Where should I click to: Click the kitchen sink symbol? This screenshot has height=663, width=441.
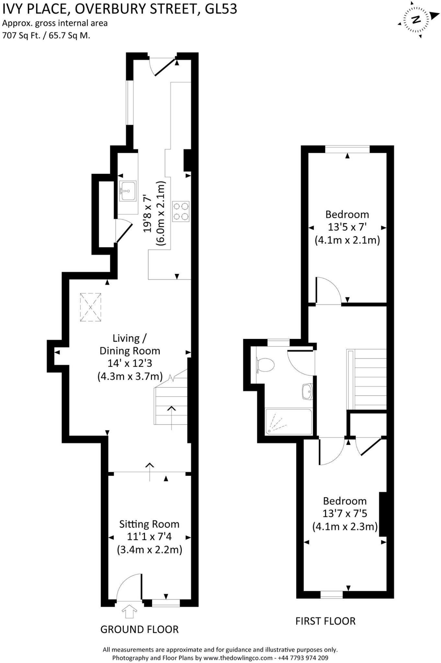click(128, 191)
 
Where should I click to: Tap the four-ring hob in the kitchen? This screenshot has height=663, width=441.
click(181, 211)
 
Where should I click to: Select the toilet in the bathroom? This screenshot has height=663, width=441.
click(265, 365)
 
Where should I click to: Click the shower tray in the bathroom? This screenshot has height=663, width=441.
click(289, 421)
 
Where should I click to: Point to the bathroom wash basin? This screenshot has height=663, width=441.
click(307, 391)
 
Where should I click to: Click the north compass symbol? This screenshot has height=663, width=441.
click(416, 20)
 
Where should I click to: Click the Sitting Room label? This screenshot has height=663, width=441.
click(149, 524)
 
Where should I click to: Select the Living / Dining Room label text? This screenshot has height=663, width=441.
click(130, 344)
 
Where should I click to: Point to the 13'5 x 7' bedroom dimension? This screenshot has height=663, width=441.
click(347, 227)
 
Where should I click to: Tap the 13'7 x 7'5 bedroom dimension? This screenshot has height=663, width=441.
click(345, 513)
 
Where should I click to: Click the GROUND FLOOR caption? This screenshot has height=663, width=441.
click(139, 629)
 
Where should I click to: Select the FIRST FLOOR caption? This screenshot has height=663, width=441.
click(325, 621)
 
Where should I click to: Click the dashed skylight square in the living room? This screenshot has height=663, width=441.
click(91, 307)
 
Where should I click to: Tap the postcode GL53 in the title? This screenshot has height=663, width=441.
click(221, 9)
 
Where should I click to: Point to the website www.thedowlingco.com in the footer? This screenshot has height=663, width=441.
click(238, 658)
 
